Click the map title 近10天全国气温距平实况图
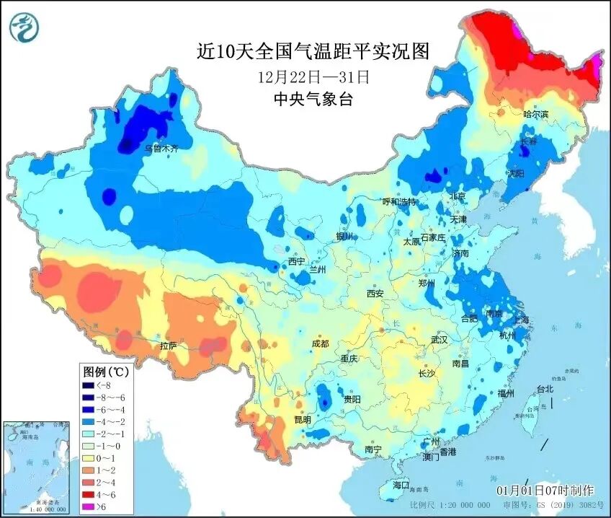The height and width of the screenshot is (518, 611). click(x=313, y=51)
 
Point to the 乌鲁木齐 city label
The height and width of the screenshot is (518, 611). click(x=161, y=148)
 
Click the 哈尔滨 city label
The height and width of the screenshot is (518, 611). click(x=535, y=115)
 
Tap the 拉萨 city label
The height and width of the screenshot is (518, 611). click(x=169, y=346)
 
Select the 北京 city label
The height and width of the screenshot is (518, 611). click(x=458, y=196)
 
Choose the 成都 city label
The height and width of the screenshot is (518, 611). click(x=321, y=343)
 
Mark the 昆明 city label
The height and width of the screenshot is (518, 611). click(x=303, y=419)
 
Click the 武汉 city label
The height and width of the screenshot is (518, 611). click(x=439, y=339)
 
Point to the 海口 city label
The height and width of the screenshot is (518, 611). click(x=400, y=485)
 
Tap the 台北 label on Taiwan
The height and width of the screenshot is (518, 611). click(x=545, y=389)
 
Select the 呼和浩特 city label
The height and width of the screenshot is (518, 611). click(x=399, y=202)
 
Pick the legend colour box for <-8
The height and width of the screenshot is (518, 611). click(x=92, y=385)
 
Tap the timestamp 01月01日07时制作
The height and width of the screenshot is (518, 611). click(x=548, y=490)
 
